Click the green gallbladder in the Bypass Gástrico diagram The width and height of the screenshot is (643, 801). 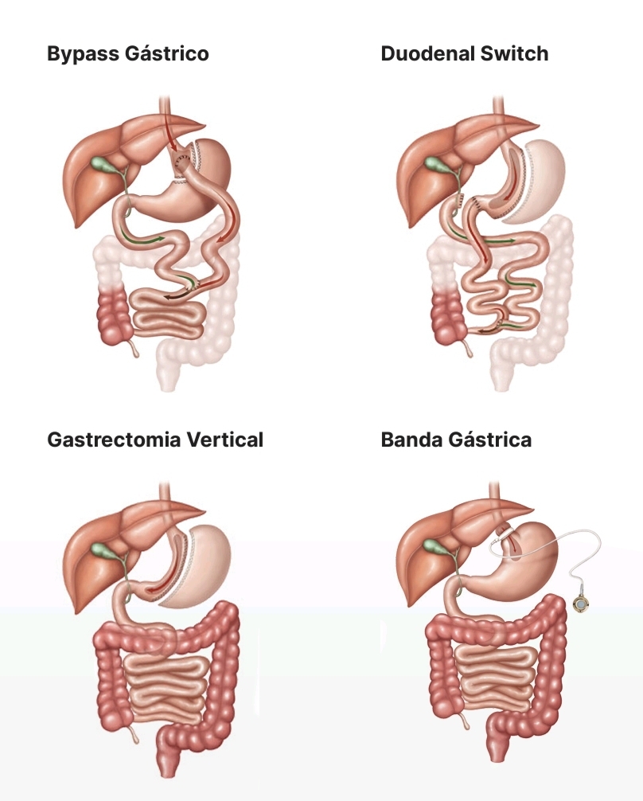(103, 165)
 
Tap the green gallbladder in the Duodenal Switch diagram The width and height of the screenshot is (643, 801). (435, 165)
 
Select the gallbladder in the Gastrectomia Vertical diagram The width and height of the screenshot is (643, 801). (103, 550)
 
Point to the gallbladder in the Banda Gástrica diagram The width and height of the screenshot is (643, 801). (435, 550)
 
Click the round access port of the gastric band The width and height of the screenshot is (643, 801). (582, 605)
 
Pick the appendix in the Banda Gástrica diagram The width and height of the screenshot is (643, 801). (466, 721)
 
